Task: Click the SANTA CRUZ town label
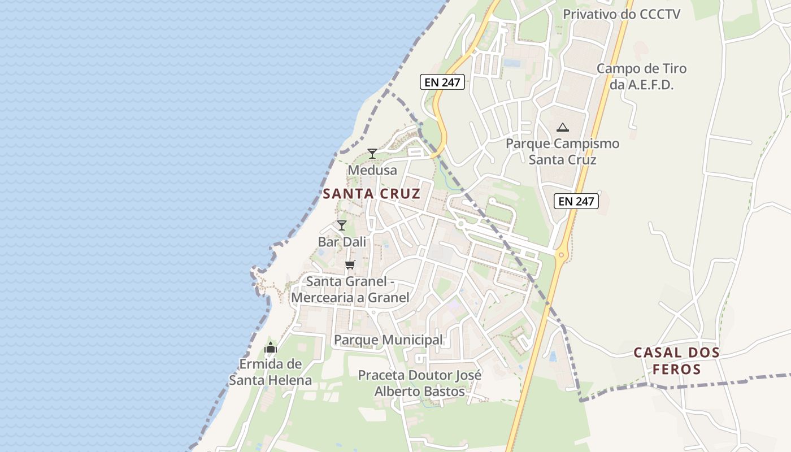[x=371, y=194]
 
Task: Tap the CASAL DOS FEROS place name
[x=676, y=361]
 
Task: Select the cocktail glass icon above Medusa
[x=372, y=154]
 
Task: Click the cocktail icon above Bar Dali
[x=341, y=225]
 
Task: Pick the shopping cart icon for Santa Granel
[x=350, y=264]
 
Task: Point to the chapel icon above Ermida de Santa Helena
[x=271, y=347]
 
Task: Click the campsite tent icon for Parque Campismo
[x=562, y=127]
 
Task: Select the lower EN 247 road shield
[x=576, y=201]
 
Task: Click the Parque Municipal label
[x=388, y=340]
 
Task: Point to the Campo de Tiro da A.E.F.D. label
[x=641, y=77]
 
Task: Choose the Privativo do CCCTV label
[x=621, y=14]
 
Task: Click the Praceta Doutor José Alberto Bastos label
[x=420, y=383]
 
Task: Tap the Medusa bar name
[x=372, y=170]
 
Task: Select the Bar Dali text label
[x=342, y=242]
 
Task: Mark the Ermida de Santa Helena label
[x=270, y=372]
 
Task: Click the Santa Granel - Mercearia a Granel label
[x=350, y=289]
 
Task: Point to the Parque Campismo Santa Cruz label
[x=562, y=151]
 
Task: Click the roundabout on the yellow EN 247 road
[x=560, y=255]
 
